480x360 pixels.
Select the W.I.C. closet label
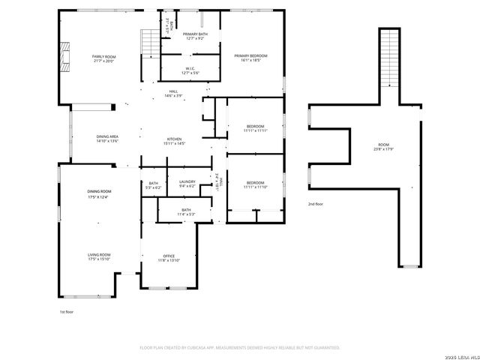click(x=190, y=70)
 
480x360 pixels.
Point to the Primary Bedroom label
click(x=250, y=58)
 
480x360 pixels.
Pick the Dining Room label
click(x=98, y=195)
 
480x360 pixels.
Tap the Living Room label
click(x=98, y=257)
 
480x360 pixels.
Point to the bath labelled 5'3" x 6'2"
click(x=153, y=184)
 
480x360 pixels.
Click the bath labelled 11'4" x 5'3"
click(x=185, y=212)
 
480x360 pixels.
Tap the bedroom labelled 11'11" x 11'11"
click(x=255, y=128)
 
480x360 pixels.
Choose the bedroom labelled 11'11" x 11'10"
click(x=255, y=184)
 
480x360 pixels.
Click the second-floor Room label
click(x=383, y=146)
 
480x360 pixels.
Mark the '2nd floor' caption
click(x=315, y=204)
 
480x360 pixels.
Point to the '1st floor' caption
click(x=67, y=311)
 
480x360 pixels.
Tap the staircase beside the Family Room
click(x=151, y=43)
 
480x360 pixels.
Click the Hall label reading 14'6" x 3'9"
click(x=173, y=94)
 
